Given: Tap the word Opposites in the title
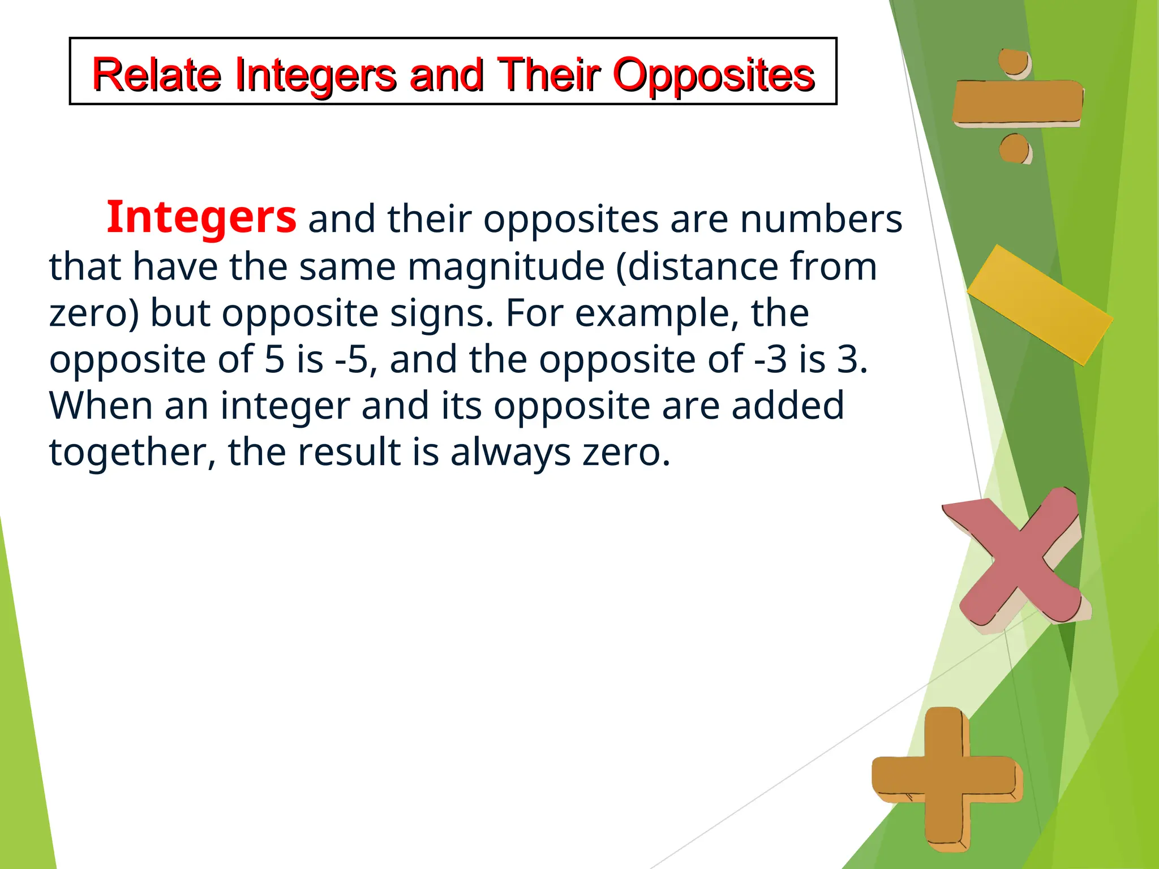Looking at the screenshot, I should tap(714, 75).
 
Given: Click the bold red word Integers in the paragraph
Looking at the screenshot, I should tap(201, 217).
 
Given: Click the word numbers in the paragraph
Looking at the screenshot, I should tap(821, 219).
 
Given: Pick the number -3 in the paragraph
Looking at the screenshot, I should tap(771, 359).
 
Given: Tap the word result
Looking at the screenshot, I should tap(349, 452).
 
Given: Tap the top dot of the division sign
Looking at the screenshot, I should tap(1014, 62).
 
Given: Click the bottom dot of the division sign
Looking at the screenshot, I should tap(1014, 149).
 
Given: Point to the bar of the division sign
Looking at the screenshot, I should tap(1018, 102).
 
